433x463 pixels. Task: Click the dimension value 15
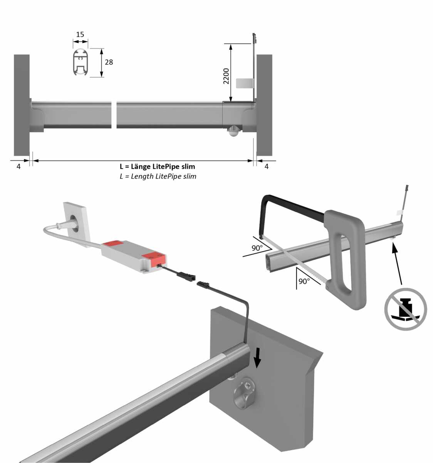pos(80,34)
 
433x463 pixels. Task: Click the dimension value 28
pos(109,62)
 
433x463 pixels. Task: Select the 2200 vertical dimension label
pos(226,76)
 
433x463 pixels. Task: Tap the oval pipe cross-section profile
pos(81,63)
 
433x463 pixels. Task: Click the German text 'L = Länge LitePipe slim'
pos(158,166)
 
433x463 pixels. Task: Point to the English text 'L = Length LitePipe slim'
pos(158,176)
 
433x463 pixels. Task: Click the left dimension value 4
pos(18,166)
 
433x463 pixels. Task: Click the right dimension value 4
pos(267,166)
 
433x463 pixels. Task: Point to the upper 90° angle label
pos(257,248)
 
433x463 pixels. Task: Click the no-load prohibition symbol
pos(406,309)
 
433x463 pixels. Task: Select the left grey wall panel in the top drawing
pos(22,105)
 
